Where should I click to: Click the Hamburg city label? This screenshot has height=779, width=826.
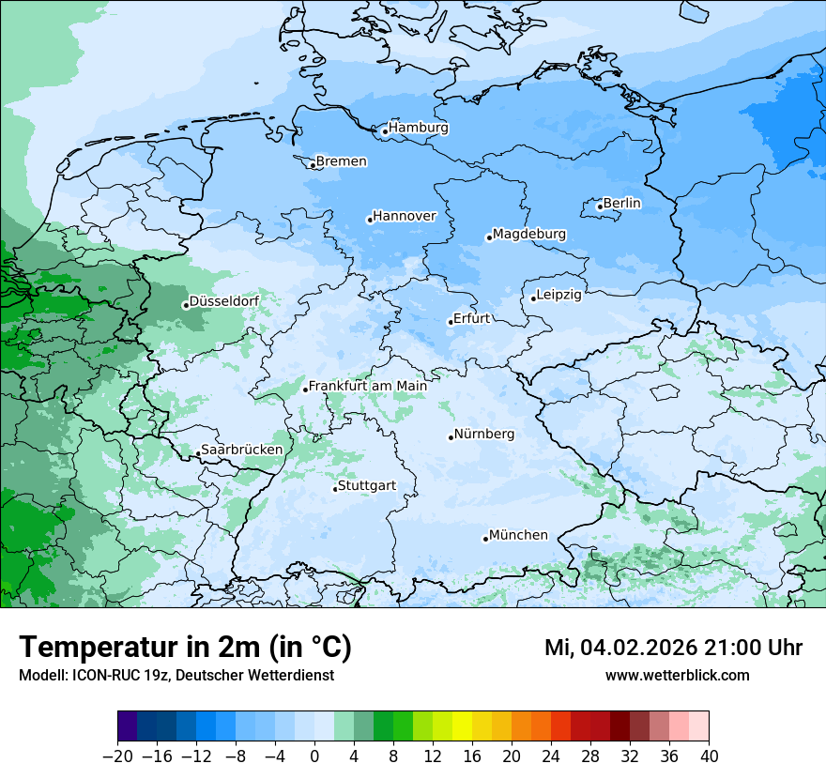coord(419,128)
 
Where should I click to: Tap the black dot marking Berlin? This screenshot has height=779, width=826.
coord(600,206)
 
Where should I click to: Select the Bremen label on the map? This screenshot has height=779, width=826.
coord(341,161)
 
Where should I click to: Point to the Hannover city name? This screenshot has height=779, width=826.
coord(405,216)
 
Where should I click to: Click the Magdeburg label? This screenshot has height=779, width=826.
coord(529,234)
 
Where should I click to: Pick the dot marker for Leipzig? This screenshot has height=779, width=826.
coord(533,298)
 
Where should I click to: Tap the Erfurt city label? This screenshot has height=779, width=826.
coord(471,318)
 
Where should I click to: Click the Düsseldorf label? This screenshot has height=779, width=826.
coord(224,301)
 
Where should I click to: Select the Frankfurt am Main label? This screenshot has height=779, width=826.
coord(368,386)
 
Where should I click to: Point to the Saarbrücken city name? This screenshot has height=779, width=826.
coord(241,450)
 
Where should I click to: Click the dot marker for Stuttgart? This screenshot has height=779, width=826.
coord(335,489)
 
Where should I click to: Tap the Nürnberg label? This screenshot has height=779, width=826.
coord(484,435)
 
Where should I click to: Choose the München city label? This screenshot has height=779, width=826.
coord(518,535)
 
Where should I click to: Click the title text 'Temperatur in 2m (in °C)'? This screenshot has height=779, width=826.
coord(185,647)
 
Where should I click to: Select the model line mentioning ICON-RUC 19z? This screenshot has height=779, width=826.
coord(176,675)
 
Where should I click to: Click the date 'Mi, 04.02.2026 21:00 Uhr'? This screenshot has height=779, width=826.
coord(673,648)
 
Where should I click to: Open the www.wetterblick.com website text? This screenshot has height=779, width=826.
coord(677,675)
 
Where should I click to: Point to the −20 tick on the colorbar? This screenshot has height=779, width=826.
coord(117,756)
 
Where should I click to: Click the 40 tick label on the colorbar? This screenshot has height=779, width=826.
coord(709,756)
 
